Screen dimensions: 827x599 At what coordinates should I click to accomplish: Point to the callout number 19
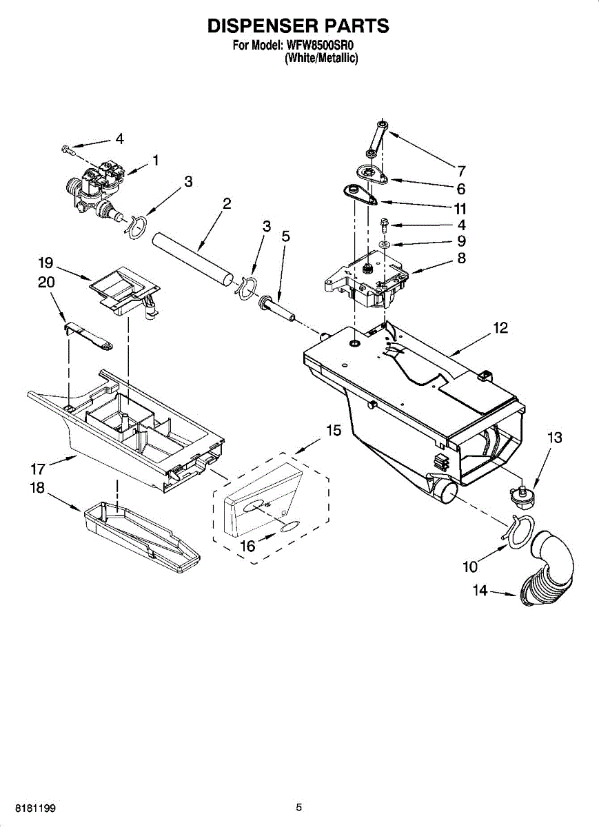45,263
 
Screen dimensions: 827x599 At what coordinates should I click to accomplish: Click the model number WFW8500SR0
325,47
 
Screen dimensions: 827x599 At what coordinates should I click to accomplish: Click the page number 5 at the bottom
299,807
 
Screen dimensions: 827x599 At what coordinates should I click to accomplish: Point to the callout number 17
37,469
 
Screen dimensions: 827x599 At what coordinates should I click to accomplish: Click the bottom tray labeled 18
141,536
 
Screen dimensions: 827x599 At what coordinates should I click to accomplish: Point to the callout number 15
333,431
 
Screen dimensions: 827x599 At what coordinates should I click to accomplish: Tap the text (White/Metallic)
321,59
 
